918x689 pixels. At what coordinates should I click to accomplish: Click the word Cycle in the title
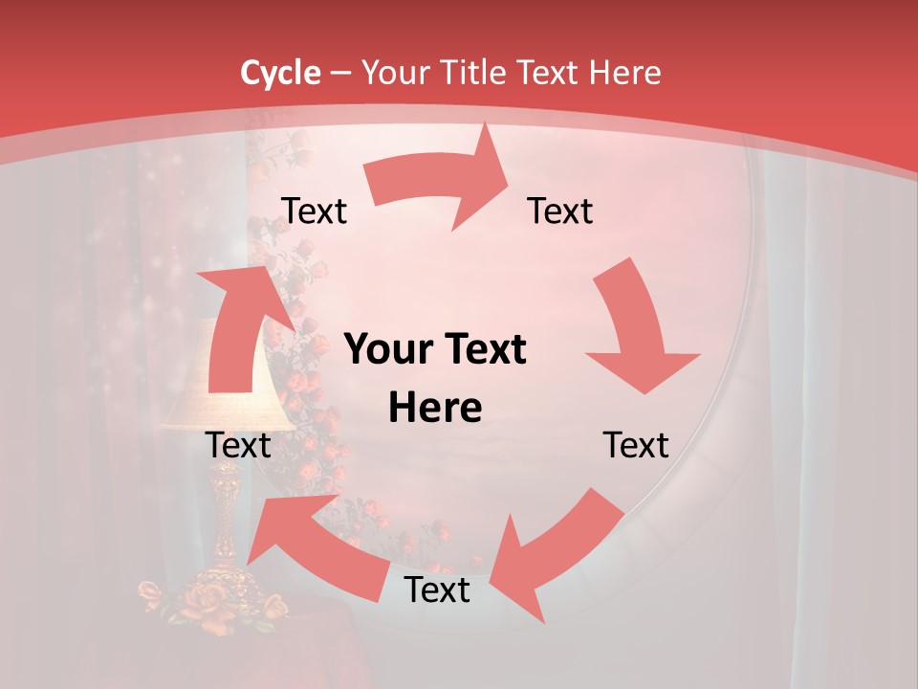point(280,73)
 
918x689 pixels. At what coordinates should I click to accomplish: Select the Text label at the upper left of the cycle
point(314,211)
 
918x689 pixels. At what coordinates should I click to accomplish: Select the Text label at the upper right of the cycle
point(560,211)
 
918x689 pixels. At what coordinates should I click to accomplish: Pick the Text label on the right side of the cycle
point(636,445)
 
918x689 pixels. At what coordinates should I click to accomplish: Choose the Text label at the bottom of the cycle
point(437,589)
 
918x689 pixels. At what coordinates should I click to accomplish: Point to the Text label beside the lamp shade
point(238,445)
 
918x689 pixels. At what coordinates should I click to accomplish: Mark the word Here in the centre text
point(435,408)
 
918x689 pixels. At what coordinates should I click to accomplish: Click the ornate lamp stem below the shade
point(227,517)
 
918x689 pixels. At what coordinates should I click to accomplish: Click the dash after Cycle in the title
point(340,73)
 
